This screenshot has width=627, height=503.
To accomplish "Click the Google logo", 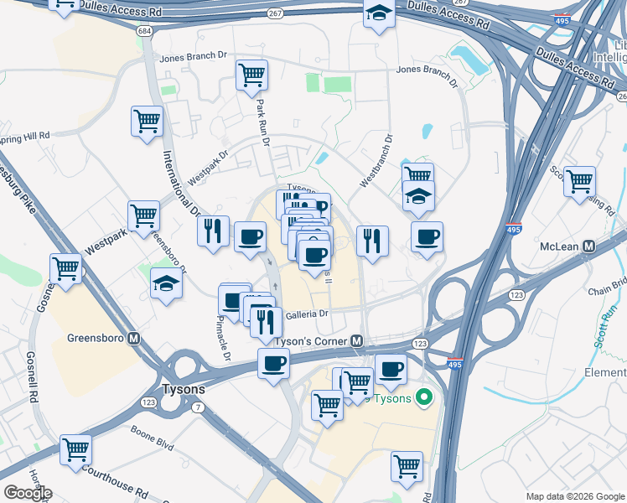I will [27, 493].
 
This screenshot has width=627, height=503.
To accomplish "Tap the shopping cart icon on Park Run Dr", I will [251, 75].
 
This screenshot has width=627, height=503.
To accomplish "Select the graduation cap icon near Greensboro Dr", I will [166, 284].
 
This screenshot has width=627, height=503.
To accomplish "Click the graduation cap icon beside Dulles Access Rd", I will [379, 13].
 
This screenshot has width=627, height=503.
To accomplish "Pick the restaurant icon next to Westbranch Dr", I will [372, 241].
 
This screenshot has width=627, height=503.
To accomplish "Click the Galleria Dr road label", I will [308, 314].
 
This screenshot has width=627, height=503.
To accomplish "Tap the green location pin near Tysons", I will [424, 397].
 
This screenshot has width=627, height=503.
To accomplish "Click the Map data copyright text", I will [574, 496].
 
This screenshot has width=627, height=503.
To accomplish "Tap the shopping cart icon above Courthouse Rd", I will [75, 449].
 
